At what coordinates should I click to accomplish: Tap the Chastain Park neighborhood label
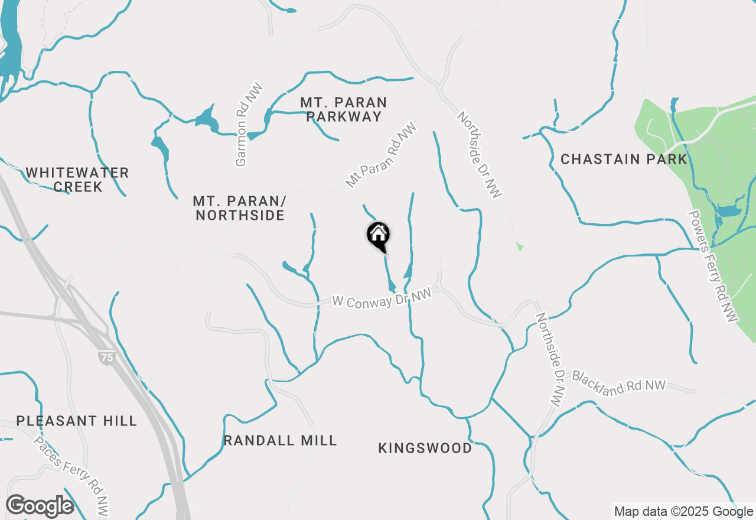pyautogui.click(x=624, y=159)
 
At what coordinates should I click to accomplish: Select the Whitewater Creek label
pyautogui.click(x=77, y=180)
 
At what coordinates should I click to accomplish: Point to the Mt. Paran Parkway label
pyautogui.click(x=344, y=109)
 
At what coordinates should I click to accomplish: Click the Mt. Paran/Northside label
pyautogui.click(x=240, y=208)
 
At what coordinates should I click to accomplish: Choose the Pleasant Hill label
pyautogui.click(x=77, y=421)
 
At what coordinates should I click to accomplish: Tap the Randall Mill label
pyautogui.click(x=280, y=440)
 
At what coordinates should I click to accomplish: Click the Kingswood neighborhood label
pyautogui.click(x=425, y=448)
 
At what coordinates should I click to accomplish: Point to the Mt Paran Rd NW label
pyautogui.click(x=381, y=155)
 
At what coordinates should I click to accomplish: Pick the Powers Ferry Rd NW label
pyautogui.click(x=713, y=266)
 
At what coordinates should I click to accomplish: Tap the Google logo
pyautogui.click(x=40, y=506)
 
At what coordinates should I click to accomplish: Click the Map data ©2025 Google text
pyautogui.click(x=683, y=512)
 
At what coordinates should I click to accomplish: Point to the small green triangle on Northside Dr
pyautogui.click(x=520, y=246)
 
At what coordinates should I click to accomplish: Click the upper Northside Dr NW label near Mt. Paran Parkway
pyautogui.click(x=480, y=155)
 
